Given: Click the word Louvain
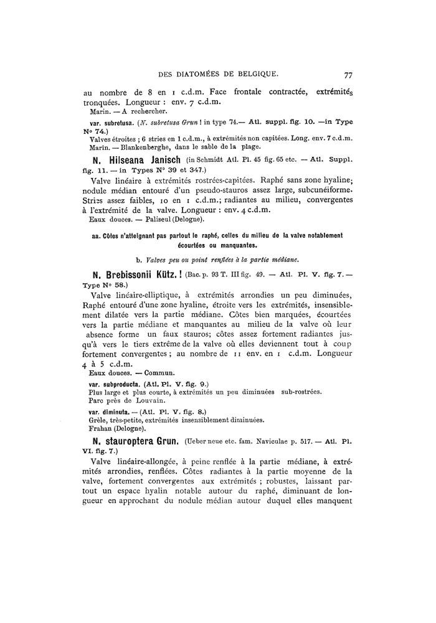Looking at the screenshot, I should click(146, 401).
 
